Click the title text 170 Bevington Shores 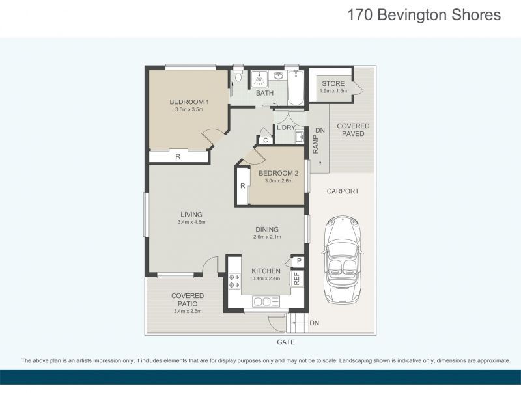pos(424,15)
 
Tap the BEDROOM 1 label pos(189,102)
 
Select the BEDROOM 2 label pos(278,173)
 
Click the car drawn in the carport pos(342,260)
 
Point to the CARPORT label pos(342,191)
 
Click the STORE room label pos(333,83)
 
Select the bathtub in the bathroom pos(296,88)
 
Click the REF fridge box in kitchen pos(296,278)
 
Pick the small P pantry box pos(298,262)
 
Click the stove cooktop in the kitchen pos(234,282)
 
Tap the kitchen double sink pos(266,302)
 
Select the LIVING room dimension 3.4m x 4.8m pos(191,222)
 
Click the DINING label pos(267,229)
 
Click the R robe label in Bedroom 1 pos(178,157)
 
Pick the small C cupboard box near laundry pos(265,140)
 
